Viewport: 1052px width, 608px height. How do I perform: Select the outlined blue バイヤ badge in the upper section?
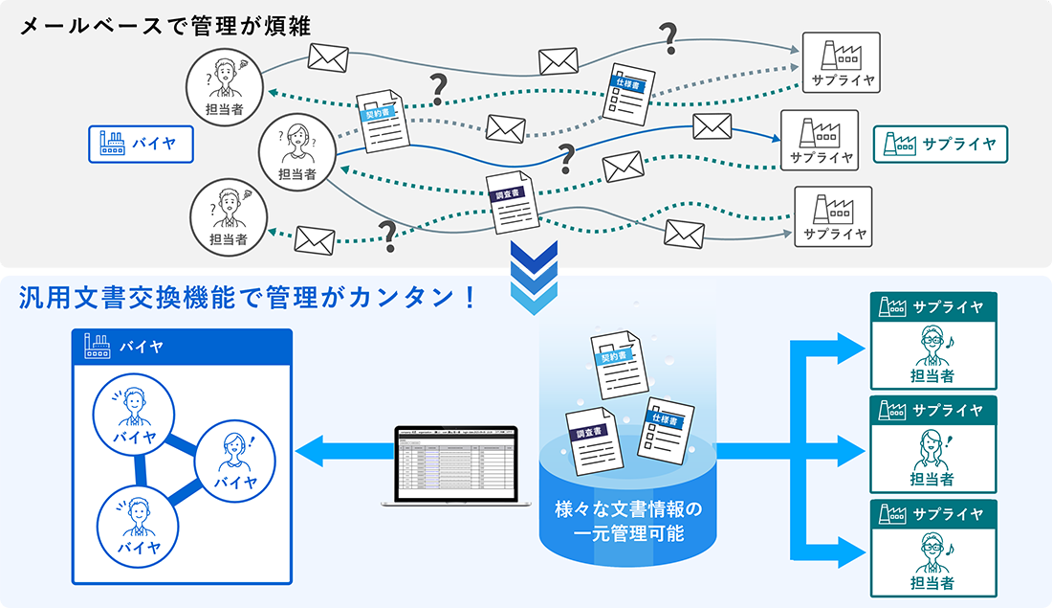(x=141, y=145)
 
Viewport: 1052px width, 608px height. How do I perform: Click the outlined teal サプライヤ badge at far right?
(x=939, y=145)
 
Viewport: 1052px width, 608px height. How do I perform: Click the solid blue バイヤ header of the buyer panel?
(x=182, y=346)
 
